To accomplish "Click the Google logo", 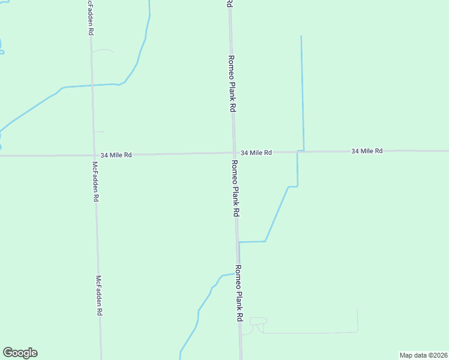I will point(20,353).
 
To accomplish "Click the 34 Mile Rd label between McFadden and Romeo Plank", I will point(116,155).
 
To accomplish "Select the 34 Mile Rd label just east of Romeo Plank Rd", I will point(256,153).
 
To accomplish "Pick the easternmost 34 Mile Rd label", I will point(367,151).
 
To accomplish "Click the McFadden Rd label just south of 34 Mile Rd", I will point(95,181).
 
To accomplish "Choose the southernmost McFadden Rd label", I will point(100,296).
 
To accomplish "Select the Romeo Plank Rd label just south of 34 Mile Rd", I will point(236,188).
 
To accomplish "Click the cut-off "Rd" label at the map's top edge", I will point(229,4).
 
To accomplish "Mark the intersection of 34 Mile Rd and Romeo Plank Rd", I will point(234,153).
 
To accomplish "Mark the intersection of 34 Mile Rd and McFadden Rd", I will point(93,155).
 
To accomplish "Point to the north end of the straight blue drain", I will point(301,37).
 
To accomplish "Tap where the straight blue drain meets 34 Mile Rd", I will point(303,151).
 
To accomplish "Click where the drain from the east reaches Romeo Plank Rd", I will point(239,242).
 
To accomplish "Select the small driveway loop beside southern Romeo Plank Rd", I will point(257,325).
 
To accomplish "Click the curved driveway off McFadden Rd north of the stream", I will point(103,51).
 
